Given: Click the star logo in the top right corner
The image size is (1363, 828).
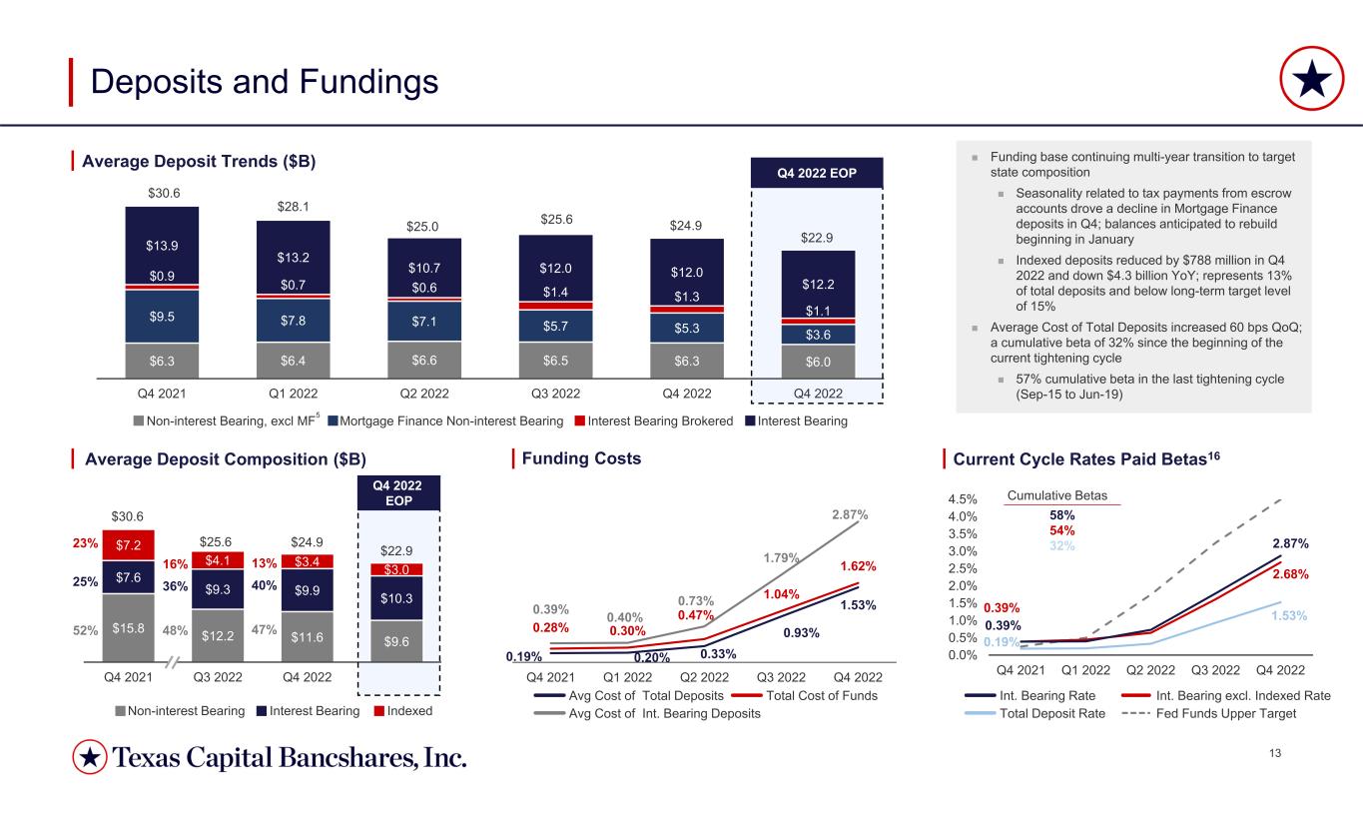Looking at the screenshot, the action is point(1311,79).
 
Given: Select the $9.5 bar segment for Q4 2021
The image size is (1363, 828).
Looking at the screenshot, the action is point(162,316).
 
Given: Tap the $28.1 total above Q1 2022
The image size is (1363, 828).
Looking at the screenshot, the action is point(293,207).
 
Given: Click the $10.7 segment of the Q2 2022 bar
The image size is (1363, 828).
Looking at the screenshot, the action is point(424,268).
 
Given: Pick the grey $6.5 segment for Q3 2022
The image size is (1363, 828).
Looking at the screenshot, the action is point(555,361).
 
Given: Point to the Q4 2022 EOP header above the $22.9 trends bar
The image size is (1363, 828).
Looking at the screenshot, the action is point(817,173).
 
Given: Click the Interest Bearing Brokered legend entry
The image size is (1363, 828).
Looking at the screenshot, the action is point(654,420).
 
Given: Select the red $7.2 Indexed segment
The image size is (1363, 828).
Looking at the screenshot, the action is point(129,545).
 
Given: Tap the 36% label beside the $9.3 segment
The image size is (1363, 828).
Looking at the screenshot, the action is point(176,586).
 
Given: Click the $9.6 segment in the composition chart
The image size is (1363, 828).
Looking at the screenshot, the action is point(396,641).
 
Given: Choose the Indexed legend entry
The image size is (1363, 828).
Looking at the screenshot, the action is point(403,710).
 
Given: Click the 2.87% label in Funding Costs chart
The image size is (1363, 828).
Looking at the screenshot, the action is point(850,514).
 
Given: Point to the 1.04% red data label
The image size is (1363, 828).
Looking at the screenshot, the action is point(781,593).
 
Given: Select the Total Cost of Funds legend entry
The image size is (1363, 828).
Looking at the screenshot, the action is point(805,695).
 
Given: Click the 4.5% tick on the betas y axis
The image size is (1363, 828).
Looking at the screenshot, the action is point(963,499).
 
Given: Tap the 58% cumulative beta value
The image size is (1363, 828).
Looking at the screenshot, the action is point(1061,515).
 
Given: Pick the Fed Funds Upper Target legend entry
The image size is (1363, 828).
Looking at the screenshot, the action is point(1209,713).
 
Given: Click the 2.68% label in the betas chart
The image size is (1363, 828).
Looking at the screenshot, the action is point(1290,574).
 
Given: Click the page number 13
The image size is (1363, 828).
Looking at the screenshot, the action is point(1275,753).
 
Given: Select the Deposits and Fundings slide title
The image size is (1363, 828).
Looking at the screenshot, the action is point(264,82).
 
